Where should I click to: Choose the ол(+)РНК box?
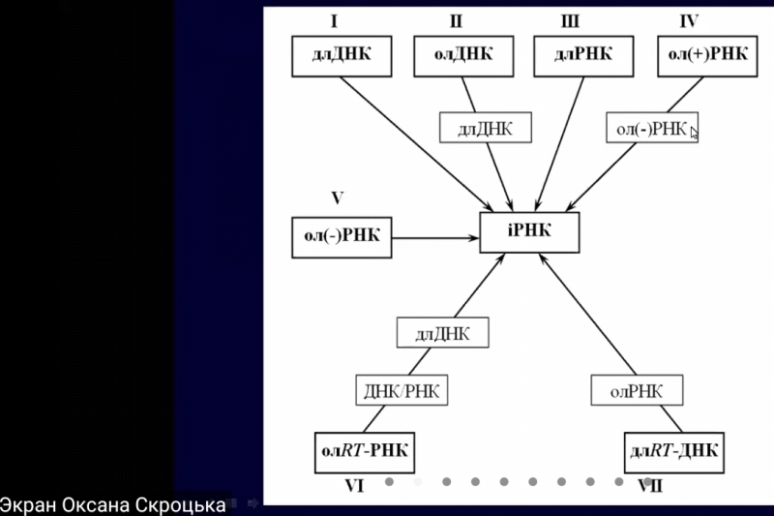pyautogui.click(x=707, y=55)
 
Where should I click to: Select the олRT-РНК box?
pyautogui.click(x=363, y=451)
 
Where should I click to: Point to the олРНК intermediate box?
pyautogui.click(x=637, y=390)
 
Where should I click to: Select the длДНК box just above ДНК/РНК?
pyautogui.click(x=442, y=334)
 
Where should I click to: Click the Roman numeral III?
pyautogui.click(x=570, y=21)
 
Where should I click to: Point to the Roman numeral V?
pyautogui.click(x=337, y=198)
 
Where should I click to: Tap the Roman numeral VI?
pyautogui.click(x=353, y=486)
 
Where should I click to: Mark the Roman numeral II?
pyautogui.click(x=457, y=21)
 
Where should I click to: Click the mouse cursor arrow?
pyautogui.click(x=695, y=132)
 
